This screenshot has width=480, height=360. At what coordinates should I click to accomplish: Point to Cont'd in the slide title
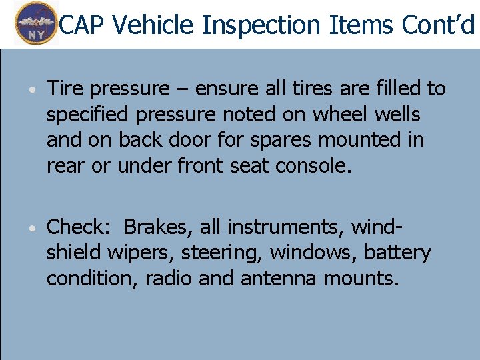[439, 25]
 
